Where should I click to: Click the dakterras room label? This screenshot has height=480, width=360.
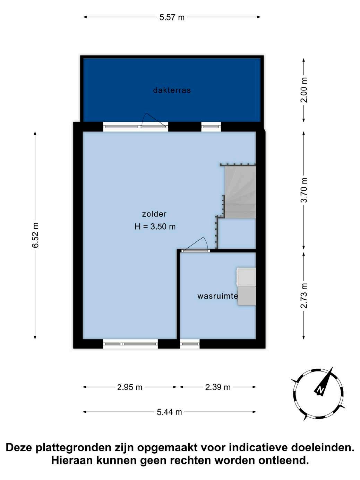coord(172,90)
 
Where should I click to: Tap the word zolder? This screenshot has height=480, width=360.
coord(154,214)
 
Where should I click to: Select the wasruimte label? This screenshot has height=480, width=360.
coord(217,296)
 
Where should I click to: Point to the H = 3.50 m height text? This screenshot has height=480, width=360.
coord(155,226)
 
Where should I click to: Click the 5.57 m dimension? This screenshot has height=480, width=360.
coord(172,17)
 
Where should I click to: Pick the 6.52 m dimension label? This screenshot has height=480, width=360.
coord(35,235)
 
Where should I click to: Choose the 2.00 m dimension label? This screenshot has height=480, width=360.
coord(304,90)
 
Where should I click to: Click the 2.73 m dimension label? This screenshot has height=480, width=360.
coord(304,295)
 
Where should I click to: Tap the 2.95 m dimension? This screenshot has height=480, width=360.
coord(130,387)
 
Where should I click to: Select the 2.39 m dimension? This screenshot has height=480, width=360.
coord(218,387)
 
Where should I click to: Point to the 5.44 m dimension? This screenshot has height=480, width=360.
coord(169,412)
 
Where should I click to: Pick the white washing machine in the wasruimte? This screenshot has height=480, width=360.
coord(246,277)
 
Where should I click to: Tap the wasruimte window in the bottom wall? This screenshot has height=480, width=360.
coord(190,344)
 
